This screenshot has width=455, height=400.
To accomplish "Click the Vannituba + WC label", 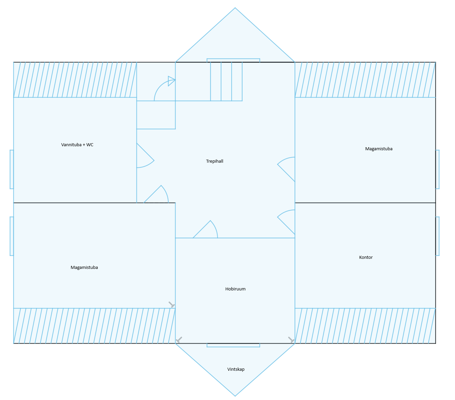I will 77,145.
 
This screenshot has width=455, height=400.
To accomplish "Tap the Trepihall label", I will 215,161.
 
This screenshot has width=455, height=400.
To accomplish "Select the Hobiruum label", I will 235,289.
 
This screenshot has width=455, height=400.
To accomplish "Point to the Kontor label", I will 366,257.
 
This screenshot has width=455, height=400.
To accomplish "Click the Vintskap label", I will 236,369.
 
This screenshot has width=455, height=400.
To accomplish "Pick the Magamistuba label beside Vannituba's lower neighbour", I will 84,268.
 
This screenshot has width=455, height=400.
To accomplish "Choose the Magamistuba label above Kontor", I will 379,149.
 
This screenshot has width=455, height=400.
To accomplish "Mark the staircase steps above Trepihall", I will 226,81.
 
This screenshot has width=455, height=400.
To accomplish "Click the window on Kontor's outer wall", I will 437,236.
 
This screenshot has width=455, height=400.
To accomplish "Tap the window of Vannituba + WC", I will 12,169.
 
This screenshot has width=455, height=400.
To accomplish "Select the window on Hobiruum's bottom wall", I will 233,345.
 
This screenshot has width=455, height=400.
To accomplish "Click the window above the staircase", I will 233,61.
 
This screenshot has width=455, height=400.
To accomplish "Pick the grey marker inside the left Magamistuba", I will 172,305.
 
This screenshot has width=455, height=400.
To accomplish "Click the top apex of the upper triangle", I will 235,8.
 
